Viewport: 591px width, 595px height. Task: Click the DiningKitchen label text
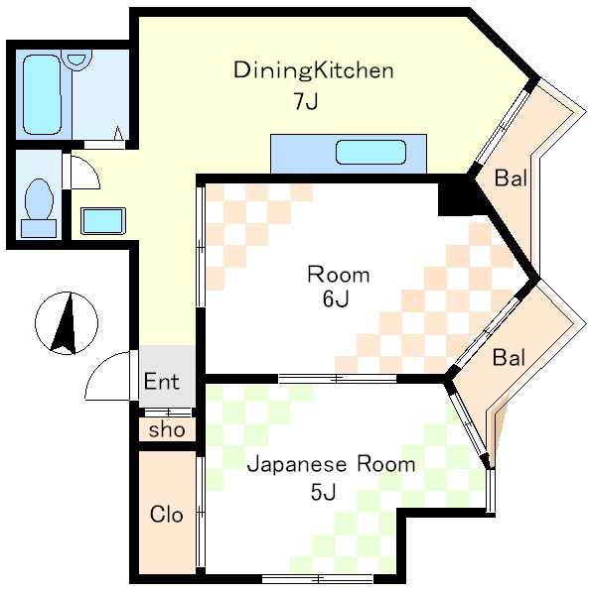coord(314,70)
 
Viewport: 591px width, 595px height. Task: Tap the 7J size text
coord(305,101)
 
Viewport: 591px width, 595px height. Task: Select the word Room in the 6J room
coord(338,275)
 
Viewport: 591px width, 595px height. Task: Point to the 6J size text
coord(335,300)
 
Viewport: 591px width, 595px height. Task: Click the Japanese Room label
coord(331,464)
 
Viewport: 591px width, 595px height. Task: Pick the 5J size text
coord(324,492)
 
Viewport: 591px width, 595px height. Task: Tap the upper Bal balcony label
coord(511,179)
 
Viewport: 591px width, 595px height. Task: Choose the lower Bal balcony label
coord(509,357)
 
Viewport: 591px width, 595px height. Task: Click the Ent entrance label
coord(162,382)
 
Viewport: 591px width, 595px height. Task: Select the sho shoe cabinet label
coord(165,430)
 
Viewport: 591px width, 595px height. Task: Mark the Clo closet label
coord(165,515)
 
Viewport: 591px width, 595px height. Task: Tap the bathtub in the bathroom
coord(39,95)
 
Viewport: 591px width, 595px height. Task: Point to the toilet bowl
coord(40,200)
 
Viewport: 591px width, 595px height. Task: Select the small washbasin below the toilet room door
coord(101,220)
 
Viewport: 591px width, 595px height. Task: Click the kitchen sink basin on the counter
coord(370,153)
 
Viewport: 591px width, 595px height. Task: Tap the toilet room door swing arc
coord(82,172)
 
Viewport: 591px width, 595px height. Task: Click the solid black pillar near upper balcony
coord(457,194)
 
